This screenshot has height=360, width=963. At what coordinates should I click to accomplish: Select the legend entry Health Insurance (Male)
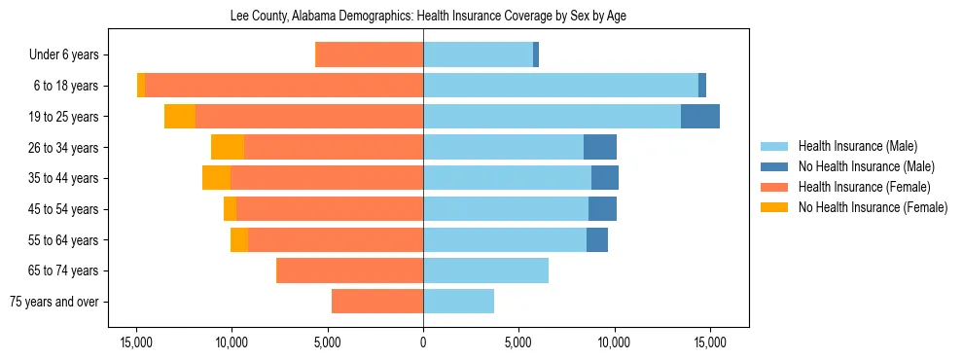[857, 146]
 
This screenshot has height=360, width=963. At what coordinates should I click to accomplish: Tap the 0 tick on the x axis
[423, 342]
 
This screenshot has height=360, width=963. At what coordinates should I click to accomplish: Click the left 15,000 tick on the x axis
[136, 342]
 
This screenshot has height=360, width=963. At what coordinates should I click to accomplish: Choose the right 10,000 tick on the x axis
[615, 342]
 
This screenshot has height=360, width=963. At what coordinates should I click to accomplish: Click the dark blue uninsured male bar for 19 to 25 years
[700, 117]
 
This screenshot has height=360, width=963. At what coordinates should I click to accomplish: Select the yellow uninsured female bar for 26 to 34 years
[228, 147]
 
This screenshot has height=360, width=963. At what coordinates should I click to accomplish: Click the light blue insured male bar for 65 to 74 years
[485, 270]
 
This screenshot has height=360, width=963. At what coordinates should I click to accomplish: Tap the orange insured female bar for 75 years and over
[377, 302]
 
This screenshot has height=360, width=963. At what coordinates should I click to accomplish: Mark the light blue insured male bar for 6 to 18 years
[560, 86]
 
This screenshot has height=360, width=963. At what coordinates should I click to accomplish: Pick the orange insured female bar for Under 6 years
[371, 55]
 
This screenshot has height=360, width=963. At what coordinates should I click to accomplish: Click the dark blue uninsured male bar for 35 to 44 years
[605, 178]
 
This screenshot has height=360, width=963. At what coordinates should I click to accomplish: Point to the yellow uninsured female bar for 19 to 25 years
[180, 117]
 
